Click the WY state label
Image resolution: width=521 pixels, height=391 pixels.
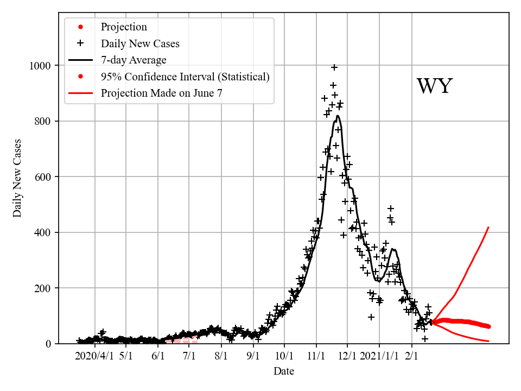[434, 87]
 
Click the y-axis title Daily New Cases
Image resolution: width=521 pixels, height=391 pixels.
[18, 178]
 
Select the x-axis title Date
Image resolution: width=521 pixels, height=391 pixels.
[284, 371]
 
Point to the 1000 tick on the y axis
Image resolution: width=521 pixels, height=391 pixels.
[39, 66]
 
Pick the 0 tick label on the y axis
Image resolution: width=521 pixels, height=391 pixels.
[49, 344]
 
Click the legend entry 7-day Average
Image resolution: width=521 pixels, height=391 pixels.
[134, 60]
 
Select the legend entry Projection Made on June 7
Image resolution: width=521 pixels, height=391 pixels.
[161, 93]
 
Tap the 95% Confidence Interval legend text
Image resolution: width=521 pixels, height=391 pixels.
[185, 77]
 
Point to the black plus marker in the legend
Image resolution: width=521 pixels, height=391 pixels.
[80, 43]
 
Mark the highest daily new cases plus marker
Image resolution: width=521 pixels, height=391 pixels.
[334, 67]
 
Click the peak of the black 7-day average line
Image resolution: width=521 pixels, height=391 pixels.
[338, 116]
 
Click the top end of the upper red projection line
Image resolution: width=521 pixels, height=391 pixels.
[489, 227]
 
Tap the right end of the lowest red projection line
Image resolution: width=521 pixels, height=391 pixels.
[489, 341]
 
